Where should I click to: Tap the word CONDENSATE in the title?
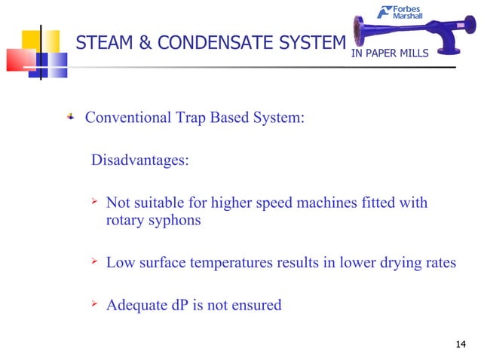click(x=200, y=43)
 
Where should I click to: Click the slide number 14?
click(x=462, y=345)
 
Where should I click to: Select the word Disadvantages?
click(x=139, y=160)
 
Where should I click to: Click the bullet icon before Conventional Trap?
click(x=71, y=117)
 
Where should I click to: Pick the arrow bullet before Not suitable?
click(x=95, y=202)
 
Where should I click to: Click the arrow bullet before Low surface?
click(x=95, y=261)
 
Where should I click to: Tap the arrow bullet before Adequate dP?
click(x=95, y=304)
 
